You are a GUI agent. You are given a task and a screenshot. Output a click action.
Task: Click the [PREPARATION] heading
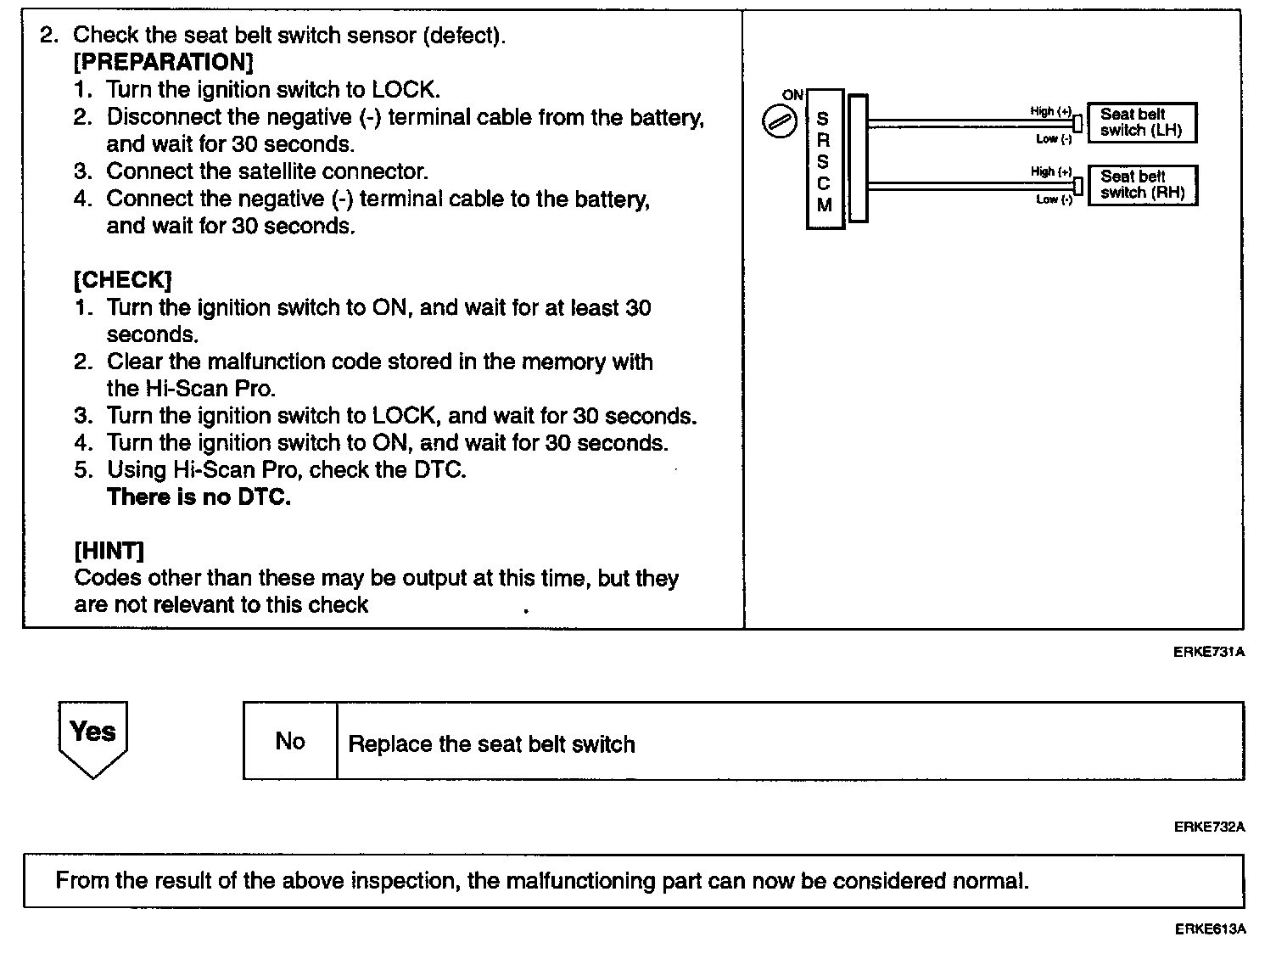pyautogui.click(x=163, y=62)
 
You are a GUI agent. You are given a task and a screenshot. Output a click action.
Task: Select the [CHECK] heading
pyautogui.click(x=123, y=280)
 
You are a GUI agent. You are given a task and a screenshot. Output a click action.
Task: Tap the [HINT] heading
pyautogui.click(x=109, y=551)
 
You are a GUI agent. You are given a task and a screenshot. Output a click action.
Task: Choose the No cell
pyautogui.click(x=290, y=741)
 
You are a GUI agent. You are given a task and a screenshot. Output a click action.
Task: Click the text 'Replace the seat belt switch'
pyautogui.click(x=491, y=744)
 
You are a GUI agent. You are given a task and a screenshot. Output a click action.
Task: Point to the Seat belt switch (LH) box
pyautogui.click(x=1141, y=122)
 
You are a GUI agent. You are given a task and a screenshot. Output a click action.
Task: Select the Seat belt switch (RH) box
pyautogui.click(x=1142, y=185)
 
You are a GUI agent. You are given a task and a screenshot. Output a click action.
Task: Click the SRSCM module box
pyautogui.click(x=824, y=160)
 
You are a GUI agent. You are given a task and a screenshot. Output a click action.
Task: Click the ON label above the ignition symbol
pyautogui.click(x=792, y=95)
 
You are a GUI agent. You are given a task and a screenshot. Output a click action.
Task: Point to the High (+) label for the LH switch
pyautogui.click(x=1050, y=111)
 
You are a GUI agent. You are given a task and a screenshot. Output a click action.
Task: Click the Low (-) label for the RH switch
pyautogui.click(x=1054, y=199)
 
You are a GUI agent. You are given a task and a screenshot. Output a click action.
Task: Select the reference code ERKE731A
pyautogui.click(x=1210, y=652)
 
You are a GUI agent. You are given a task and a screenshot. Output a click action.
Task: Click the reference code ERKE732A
pyautogui.click(x=1210, y=827)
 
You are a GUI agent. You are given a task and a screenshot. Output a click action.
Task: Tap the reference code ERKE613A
pyautogui.click(x=1210, y=929)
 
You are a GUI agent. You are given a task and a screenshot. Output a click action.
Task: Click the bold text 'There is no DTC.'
pyautogui.click(x=199, y=496)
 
